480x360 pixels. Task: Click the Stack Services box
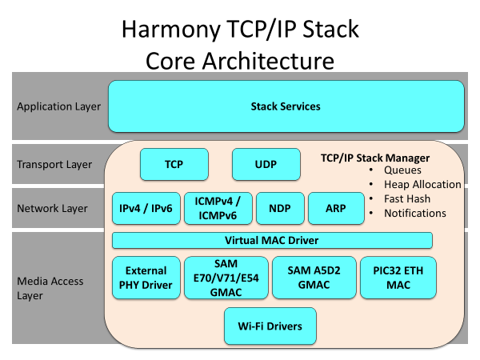pyautogui.click(x=286, y=106)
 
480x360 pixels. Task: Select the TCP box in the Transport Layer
pyautogui.click(x=174, y=164)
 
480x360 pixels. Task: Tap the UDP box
pyautogui.click(x=266, y=164)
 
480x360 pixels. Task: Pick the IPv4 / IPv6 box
pyautogui.click(x=146, y=209)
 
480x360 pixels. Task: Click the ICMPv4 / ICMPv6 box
pyautogui.click(x=218, y=209)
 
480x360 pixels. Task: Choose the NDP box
pyautogui.click(x=280, y=209)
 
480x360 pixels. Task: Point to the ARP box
pyautogui.click(x=336, y=209)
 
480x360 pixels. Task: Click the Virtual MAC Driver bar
pyautogui.click(x=272, y=240)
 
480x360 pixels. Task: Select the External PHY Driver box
pyautogui.click(x=146, y=278)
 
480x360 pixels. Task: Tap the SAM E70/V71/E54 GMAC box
pyautogui.click(x=226, y=278)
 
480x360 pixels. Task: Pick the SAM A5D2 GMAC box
pyautogui.click(x=314, y=278)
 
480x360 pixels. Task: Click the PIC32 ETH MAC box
pyautogui.click(x=398, y=278)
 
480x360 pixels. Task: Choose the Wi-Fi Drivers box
pyautogui.click(x=270, y=326)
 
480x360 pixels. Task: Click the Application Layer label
pyautogui.click(x=58, y=106)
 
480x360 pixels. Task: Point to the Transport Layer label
pyautogui.click(x=54, y=165)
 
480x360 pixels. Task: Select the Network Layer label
pyautogui.click(x=52, y=209)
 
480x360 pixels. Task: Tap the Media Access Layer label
pyautogui.click(x=50, y=288)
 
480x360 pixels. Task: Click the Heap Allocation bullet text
pyautogui.click(x=422, y=185)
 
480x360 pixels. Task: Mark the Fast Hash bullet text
pyautogui.click(x=407, y=199)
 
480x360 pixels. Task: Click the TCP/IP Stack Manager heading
pyautogui.click(x=375, y=158)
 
